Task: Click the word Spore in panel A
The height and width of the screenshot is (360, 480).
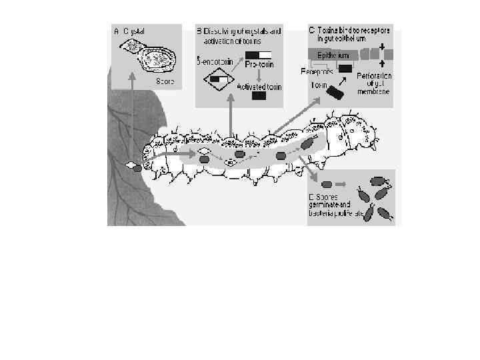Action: coord(165,81)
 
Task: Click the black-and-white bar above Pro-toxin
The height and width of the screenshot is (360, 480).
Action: coord(259,55)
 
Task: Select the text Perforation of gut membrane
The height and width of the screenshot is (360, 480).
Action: coord(374,84)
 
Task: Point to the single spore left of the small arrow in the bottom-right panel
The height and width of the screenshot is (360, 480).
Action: coord(326,184)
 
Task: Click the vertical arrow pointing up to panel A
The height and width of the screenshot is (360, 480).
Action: coord(132,120)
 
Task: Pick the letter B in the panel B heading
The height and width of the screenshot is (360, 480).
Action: coord(199,31)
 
